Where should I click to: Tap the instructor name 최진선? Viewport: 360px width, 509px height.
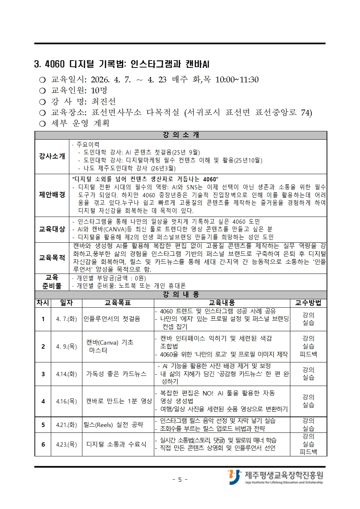click(103, 101)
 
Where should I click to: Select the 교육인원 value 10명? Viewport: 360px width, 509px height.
click(99, 90)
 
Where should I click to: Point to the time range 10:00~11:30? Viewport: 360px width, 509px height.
click(237, 79)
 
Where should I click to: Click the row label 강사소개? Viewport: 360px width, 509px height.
click(52, 156)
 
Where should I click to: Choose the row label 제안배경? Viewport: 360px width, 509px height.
click(52, 195)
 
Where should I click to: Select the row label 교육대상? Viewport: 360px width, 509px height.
click(52, 229)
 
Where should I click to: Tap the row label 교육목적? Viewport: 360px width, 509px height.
click(52, 258)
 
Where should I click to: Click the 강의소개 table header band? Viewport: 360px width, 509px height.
click(181, 135)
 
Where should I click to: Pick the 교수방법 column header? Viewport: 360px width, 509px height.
click(308, 303)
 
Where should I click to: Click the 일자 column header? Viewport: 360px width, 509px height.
click(66, 303)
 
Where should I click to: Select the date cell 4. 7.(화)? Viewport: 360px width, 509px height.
click(66, 319)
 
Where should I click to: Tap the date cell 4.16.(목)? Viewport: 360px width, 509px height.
click(66, 401)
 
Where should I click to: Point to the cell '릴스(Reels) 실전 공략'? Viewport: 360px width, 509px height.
click(113, 424)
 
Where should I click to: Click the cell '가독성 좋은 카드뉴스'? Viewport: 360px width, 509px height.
click(116, 374)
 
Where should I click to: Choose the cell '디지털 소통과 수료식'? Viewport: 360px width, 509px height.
click(116, 444)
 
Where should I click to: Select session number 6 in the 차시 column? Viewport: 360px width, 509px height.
click(43, 444)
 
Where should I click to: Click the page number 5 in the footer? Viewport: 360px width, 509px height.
click(180, 480)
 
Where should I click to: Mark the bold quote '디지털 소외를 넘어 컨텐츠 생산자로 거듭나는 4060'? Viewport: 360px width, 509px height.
click(145, 179)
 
